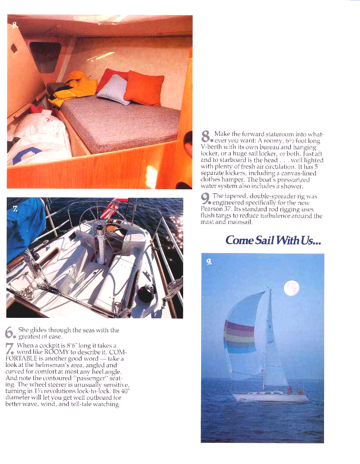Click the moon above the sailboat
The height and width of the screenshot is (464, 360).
[x=292, y=288]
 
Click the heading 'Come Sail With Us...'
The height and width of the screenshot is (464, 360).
[x=273, y=240]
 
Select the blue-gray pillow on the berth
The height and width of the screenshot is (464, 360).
[x=113, y=89]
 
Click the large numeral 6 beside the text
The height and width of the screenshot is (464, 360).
[x=10, y=333]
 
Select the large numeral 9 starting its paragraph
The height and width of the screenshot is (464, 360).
[x=206, y=198]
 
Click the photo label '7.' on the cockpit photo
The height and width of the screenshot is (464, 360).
[x=15, y=210]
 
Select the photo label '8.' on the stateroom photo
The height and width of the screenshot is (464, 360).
[x=15, y=25]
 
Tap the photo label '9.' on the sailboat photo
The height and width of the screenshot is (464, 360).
[x=209, y=262]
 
